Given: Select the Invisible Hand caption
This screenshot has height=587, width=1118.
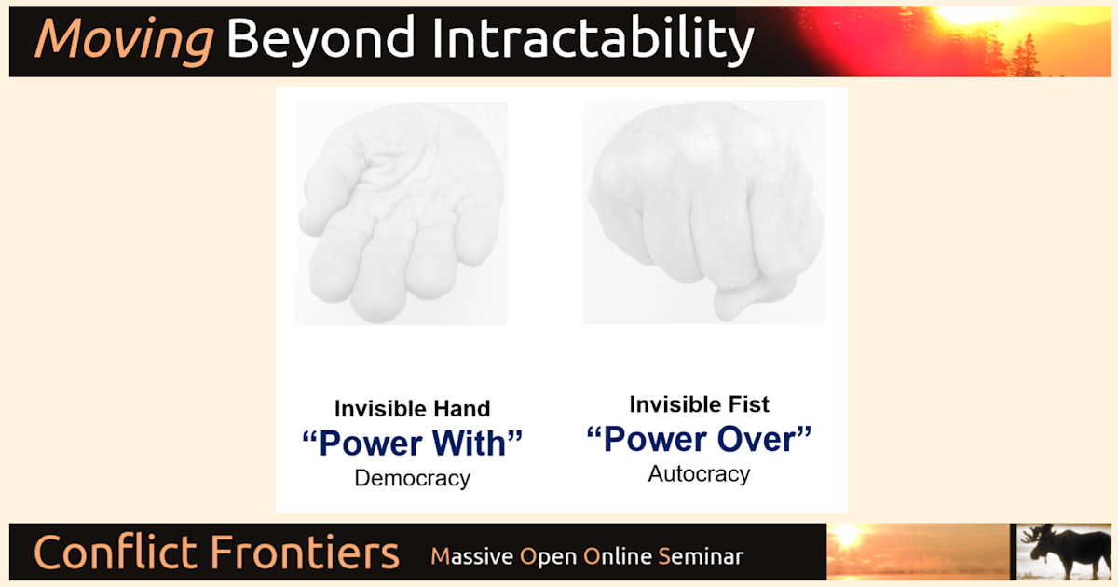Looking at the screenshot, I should coord(412,408).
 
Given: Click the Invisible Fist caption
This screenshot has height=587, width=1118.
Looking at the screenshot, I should coord(699,404).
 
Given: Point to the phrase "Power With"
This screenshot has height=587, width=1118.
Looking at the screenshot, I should coord(412,444).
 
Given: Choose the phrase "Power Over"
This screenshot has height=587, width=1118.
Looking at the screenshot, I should coord(699,439).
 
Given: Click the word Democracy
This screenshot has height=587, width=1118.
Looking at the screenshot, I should coord(412,479).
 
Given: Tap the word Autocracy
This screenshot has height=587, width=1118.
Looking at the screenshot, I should coord(699,473).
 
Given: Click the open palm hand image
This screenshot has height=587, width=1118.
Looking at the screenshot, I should coord(401,214).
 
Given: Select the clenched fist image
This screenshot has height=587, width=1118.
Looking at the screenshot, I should coord(703,210).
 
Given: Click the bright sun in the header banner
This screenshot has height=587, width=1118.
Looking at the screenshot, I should coord(969,14).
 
